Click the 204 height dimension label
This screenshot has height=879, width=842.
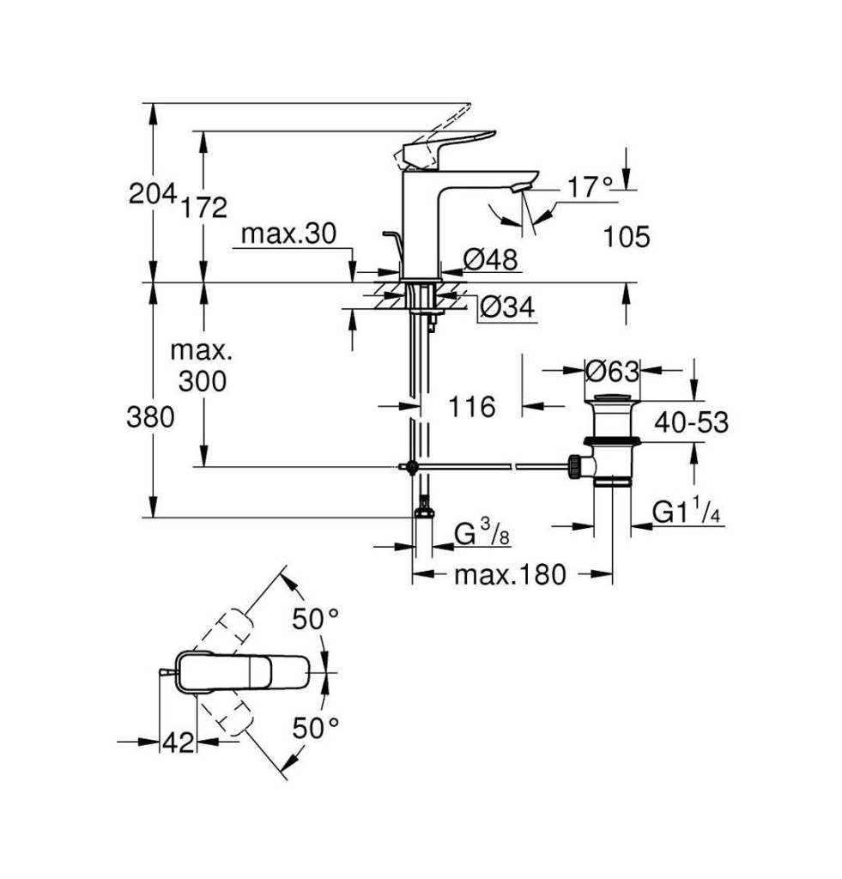[153, 194]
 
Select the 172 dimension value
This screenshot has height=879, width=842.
[203, 208]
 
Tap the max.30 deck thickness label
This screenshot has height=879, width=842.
[288, 233]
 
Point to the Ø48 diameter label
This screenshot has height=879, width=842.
[490, 259]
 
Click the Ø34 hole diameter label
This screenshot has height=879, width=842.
[508, 306]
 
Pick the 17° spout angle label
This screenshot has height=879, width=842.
[590, 187]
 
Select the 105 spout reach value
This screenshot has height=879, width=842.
[627, 237]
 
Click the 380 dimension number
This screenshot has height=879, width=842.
[150, 418]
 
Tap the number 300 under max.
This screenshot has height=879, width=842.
[203, 381]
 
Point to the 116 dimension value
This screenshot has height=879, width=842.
[472, 406]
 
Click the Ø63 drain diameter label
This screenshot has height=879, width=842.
[612, 371]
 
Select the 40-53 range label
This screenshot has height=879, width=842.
[692, 422]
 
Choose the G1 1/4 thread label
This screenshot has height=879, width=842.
[687, 512]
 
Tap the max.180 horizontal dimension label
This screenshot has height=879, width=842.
[510, 574]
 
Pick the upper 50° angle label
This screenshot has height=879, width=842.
[316, 620]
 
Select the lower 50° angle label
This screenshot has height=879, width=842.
[316, 728]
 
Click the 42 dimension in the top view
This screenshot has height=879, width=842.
[179, 743]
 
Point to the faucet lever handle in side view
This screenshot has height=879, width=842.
[450, 148]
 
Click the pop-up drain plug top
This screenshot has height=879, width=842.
[614, 398]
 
